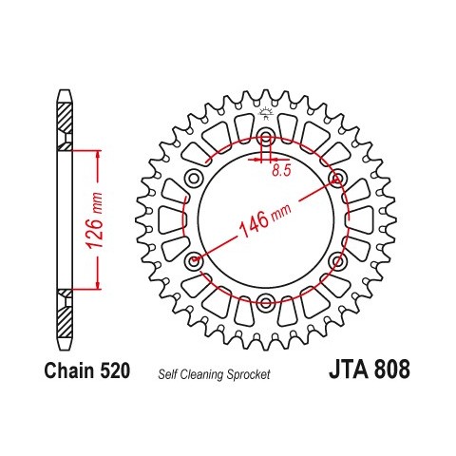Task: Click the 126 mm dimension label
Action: [x=95, y=220]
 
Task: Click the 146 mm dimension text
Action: [x=265, y=219]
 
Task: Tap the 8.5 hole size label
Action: [x=281, y=171]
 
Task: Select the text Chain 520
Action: [x=87, y=370]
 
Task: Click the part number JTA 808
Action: [x=370, y=370]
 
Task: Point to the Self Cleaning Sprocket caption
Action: [x=214, y=374]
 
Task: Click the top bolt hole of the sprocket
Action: [x=266, y=137]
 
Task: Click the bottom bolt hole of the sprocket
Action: [x=265, y=301]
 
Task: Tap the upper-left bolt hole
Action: [x=194, y=179]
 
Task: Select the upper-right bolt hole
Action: [x=337, y=179]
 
